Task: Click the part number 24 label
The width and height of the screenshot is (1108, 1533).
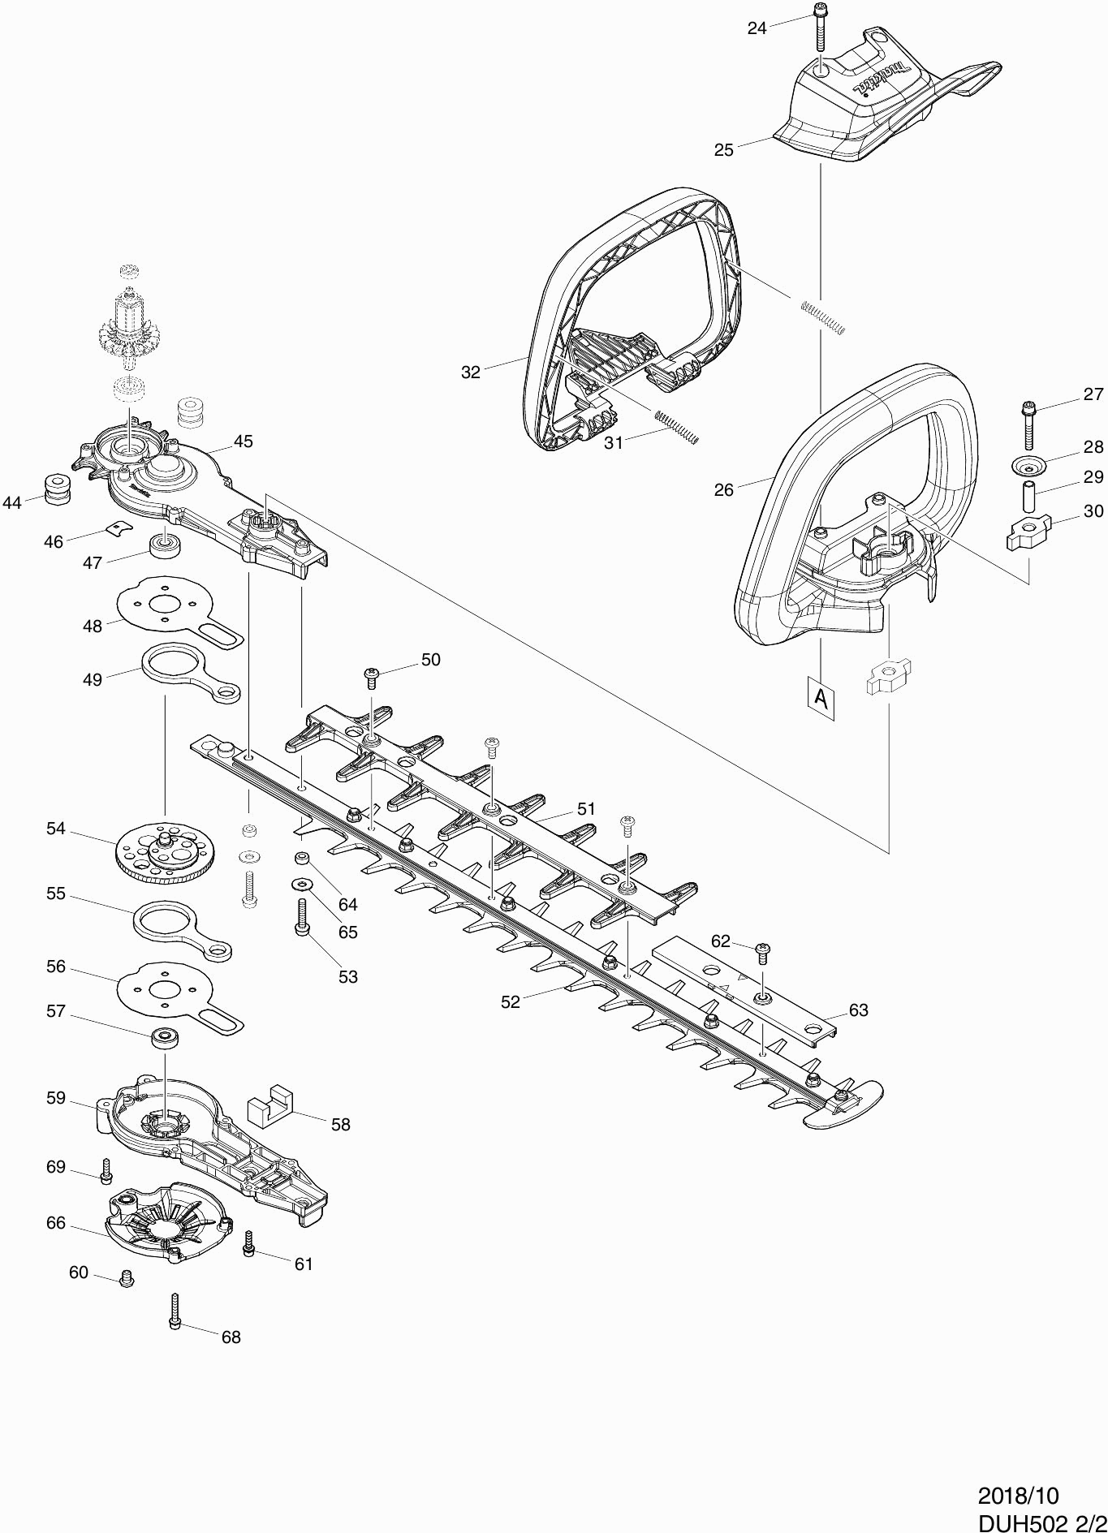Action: coord(757,28)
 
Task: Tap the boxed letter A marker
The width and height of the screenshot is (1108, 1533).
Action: coord(821,696)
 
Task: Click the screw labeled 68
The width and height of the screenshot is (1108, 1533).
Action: coord(175,1311)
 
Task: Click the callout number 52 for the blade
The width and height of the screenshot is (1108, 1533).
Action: coord(510,1002)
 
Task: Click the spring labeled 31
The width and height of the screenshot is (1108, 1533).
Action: coord(675,426)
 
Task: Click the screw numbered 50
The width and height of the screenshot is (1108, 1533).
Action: coord(373,676)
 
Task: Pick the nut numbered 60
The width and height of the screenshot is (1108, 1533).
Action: coord(126,1278)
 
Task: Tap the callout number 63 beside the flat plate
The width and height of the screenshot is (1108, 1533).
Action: coord(858,1010)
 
